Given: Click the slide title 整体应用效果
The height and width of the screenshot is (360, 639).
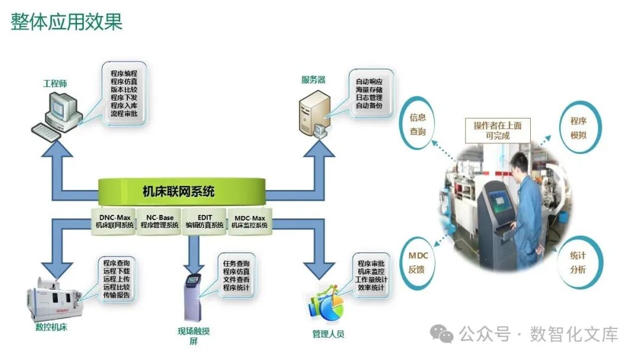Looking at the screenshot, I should [x=66, y=21].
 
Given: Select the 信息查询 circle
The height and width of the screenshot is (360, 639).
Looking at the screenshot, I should [x=418, y=124].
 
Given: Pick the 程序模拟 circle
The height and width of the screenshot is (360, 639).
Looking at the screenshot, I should [x=578, y=128].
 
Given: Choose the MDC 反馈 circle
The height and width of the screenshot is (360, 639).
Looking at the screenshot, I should [x=418, y=262].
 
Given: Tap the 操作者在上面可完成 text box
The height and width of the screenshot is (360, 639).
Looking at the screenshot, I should [x=497, y=130].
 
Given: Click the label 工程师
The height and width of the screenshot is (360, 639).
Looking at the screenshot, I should [x=55, y=83].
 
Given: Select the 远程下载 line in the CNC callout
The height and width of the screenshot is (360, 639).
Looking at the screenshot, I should [x=116, y=271].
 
